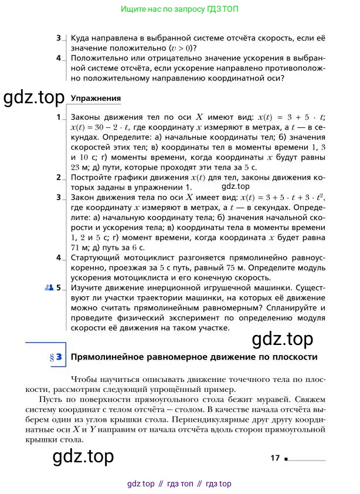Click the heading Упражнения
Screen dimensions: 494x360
pos(95,98)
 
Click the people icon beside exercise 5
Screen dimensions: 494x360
pos(49,288)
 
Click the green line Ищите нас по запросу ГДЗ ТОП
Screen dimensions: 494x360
pos(179,10)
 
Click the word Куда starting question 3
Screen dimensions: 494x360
pos(80,38)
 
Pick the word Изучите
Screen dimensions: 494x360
pos(87,288)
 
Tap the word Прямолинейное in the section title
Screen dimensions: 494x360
pos(103,357)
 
